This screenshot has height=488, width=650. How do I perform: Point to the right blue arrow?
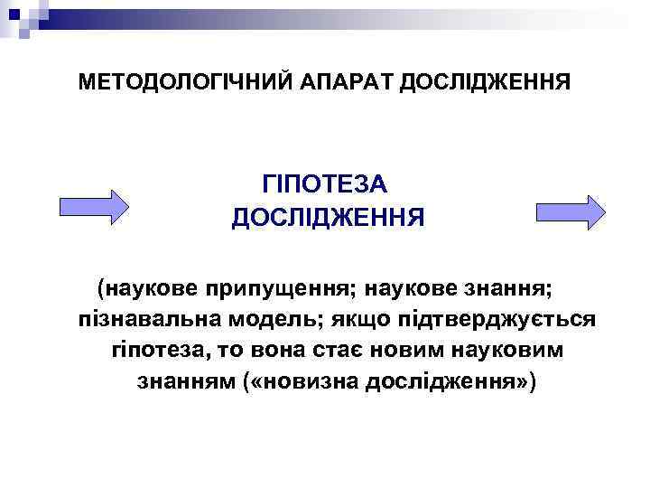pos(570,211)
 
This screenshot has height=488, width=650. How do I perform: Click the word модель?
pos(280,320)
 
